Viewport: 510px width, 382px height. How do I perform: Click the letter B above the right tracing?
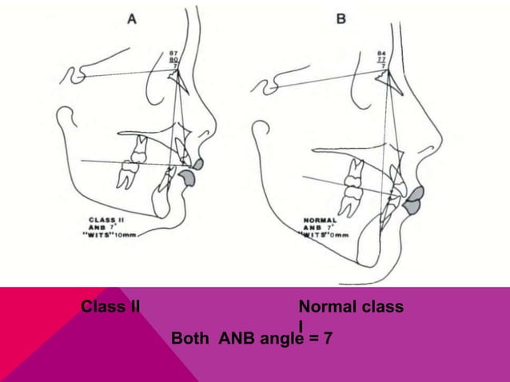click(341, 18)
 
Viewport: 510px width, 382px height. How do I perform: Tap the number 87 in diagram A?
click(172, 53)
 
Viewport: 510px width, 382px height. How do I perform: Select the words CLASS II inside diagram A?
click(106, 217)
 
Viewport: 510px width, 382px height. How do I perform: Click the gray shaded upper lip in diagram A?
click(197, 164)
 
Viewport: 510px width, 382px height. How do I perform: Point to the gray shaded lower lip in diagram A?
click(189, 178)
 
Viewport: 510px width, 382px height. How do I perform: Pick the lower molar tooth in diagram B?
click(350, 193)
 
